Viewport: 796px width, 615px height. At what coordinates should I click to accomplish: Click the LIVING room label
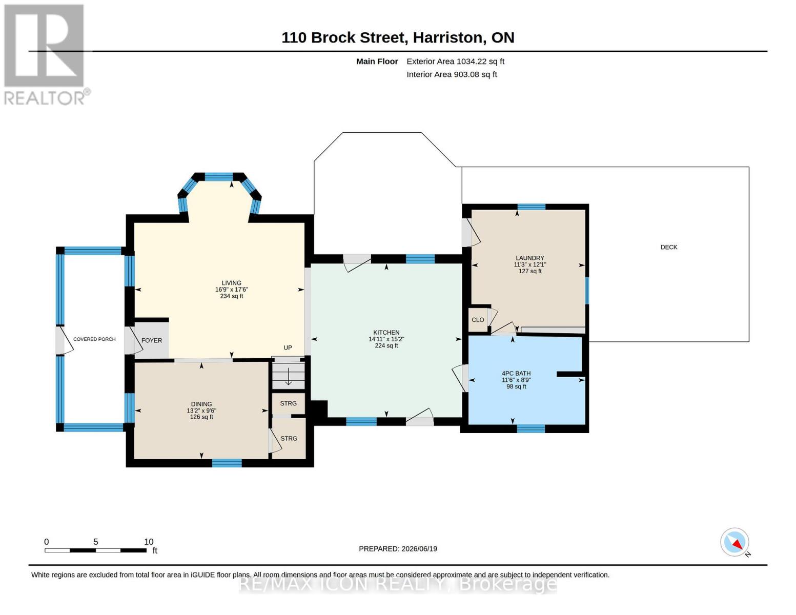(232, 283)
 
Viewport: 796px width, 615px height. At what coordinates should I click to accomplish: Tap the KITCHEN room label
(386, 332)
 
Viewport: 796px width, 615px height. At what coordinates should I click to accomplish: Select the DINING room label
(201, 404)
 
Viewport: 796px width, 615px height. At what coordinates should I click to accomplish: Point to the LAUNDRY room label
(529, 258)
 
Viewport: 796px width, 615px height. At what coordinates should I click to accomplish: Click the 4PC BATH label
(516, 373)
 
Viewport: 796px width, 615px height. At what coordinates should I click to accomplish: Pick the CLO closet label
(478, 320)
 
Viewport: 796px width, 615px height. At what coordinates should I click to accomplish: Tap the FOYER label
(152, 340)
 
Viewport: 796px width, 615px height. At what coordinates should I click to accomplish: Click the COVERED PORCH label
(94, 339)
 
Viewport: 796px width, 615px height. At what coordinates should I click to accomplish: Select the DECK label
(669, 247)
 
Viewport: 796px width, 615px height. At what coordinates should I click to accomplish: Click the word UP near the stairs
(288, 347)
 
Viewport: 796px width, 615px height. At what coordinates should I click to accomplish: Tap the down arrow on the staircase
(288, 377)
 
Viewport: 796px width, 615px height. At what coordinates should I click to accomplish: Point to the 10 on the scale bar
(148, 542)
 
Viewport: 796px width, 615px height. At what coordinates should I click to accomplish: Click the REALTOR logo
(46, 55)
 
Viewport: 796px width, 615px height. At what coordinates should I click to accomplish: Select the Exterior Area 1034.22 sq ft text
(455, 61)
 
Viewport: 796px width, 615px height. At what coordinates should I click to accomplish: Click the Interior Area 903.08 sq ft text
(452, 74)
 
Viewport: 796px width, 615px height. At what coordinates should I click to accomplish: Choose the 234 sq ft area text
(232, 296)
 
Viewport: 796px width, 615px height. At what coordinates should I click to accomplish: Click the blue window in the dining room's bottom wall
(227, 463)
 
